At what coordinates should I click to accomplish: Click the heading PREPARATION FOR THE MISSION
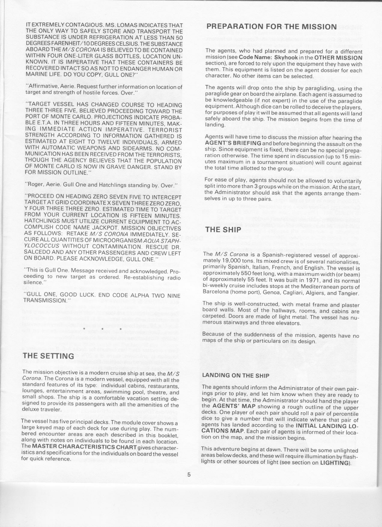[x=271, y=26]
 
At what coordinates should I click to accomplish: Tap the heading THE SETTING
[x=48, y=356]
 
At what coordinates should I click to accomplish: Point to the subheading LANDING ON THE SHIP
[x=236, y=375]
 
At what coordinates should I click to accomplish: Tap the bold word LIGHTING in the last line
[x=335, y=462]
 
